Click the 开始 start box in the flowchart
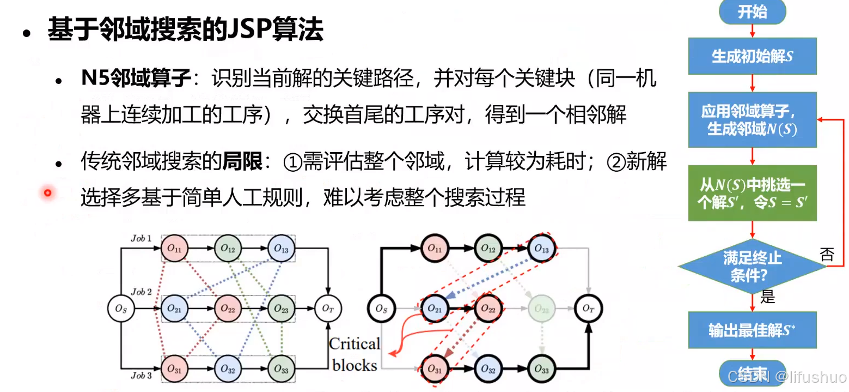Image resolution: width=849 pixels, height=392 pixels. [x=752, y=12]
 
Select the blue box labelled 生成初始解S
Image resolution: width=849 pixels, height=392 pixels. [x=752, y=56]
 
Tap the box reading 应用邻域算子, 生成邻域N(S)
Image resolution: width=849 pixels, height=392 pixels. [x=752, y=120]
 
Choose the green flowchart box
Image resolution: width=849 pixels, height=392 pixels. [x=752, y=193]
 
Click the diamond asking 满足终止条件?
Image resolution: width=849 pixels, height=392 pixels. [x=752, y=267]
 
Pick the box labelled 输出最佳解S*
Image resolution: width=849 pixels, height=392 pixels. [x=752, y=330]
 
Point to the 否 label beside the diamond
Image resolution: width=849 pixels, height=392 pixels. [x=827, y=255]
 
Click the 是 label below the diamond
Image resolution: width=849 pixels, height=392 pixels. [x=767, y=297]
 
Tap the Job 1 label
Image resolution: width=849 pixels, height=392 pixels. [x=142, y=239]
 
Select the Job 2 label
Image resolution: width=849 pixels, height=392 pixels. [x=142, y=292]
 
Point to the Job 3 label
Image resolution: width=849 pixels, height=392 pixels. [x=142, y=376]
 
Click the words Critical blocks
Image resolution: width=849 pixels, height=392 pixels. [x=355, y=354]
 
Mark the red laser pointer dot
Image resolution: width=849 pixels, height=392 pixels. [x=48, y=192]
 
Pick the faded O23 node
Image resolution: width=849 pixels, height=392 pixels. [x=541, y=309]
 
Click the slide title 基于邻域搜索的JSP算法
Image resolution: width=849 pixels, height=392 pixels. [x=186, y=29]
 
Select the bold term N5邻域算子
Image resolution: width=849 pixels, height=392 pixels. [x=136, y=80]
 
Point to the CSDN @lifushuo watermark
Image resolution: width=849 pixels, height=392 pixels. [x=787, y=377]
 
